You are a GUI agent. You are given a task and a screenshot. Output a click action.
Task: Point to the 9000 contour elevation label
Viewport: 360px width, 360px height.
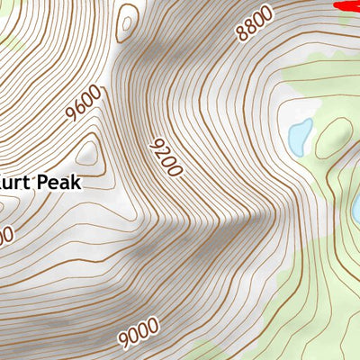138,333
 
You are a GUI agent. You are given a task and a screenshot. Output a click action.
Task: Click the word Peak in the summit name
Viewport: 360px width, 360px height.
58,183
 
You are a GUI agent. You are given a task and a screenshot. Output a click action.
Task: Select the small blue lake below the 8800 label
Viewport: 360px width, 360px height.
300,135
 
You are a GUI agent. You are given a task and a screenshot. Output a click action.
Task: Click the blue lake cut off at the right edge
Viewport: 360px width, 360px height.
356,209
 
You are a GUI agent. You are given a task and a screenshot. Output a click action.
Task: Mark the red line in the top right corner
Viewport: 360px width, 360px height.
346,4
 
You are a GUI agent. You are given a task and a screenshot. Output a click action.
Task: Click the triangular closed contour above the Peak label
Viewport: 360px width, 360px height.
88,151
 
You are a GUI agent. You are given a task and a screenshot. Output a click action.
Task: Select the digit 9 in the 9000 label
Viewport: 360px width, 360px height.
123,340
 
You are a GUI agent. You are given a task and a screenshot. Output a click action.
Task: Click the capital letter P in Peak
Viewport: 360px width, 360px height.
41,183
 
